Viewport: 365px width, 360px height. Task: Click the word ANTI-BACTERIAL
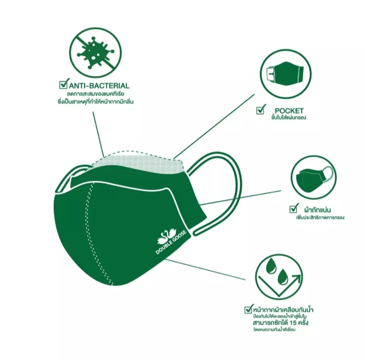point(99,86)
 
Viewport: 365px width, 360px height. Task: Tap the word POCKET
point(289,111)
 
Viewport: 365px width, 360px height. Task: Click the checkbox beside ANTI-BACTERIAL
point(63,84)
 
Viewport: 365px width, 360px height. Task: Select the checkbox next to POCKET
point(261,109)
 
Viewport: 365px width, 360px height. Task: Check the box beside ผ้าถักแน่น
point(294,209)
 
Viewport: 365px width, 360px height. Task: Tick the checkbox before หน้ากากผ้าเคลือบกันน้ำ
point(248,309)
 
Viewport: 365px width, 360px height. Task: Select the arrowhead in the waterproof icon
point(297,278)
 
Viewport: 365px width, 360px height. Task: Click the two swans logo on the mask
point(167,236)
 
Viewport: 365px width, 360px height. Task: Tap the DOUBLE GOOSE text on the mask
point(171,243)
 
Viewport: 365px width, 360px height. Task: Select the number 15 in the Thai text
point(293,323)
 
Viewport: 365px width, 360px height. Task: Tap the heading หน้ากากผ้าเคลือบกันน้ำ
point(283,310)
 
